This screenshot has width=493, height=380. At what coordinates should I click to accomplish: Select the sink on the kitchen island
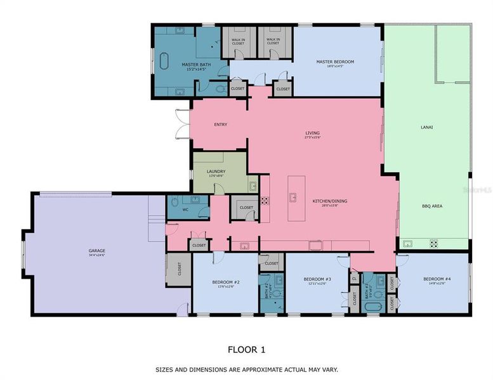pos(293,197)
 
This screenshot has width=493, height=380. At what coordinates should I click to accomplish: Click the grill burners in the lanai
pos(434,242)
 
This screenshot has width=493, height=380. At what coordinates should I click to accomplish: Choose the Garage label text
pos(97,251)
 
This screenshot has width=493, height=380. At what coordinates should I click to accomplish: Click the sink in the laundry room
pos(252,186)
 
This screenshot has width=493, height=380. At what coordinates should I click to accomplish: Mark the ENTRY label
pos(220,124)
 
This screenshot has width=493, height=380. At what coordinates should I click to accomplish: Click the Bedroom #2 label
pos(225,282)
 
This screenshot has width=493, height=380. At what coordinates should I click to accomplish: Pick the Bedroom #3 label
pos(317,279)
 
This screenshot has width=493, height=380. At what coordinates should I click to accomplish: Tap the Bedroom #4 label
pos(437,279)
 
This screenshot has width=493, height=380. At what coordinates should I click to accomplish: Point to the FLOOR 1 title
pos(246,349)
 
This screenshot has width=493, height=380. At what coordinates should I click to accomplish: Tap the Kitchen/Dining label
pos(329,201)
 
